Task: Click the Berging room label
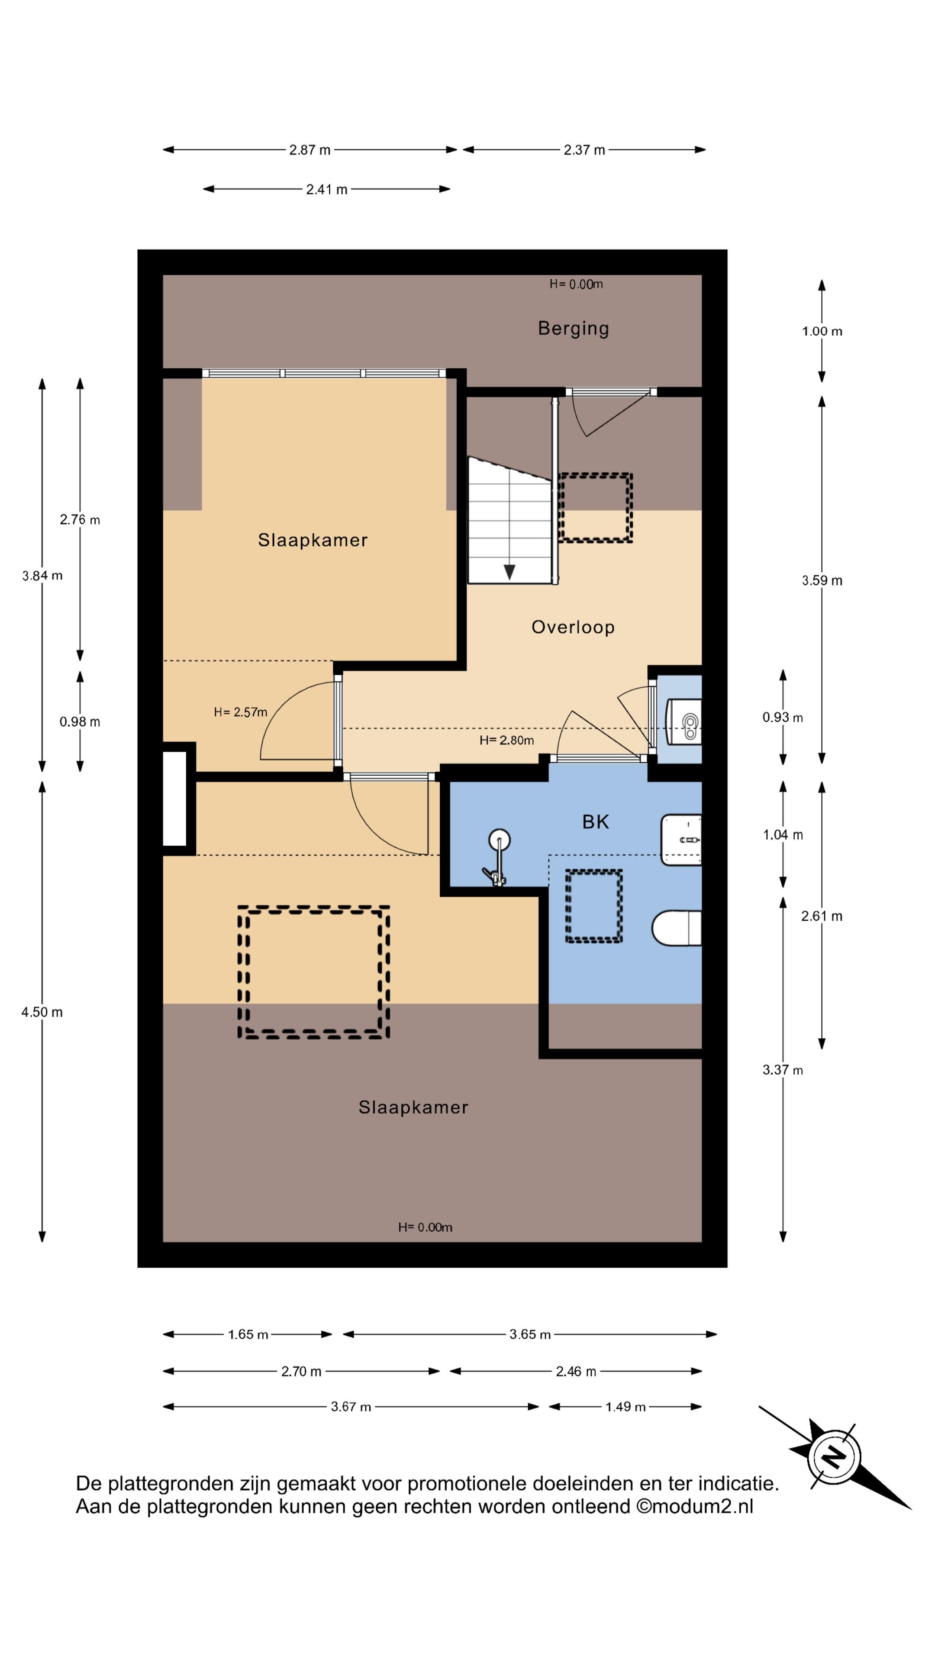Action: tap(573, 329)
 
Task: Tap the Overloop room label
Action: tap(572, 627)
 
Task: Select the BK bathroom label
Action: tap(595, 821)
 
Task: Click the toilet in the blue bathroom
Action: tap(676, 928)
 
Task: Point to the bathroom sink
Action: tap(681, 839)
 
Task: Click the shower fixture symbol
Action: tap(497, 857)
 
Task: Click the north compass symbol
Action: tap(834, 1457)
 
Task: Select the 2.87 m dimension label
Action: tap(310, 150)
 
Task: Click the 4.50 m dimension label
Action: tap(42, 1011)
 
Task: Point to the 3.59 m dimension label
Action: tap(822, 580)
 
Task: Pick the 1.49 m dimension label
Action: tap(625, 1407)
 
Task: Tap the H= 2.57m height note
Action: tap(240, 712)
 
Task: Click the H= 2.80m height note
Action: tap(506, 740)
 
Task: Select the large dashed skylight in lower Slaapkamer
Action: tap(313, 972)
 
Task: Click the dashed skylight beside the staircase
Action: tap(595, 508)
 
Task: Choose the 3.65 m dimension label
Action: tap(530, 1334)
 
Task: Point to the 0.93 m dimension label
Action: tap(782, 718)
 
